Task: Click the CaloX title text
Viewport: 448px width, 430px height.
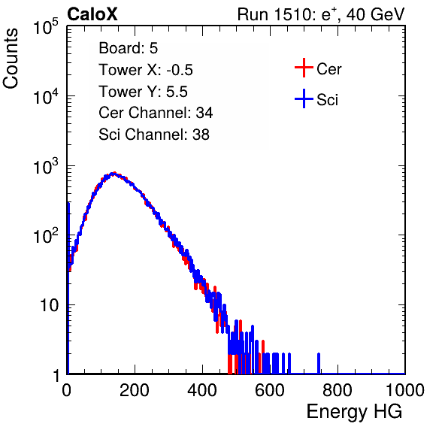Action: tap(92, 14)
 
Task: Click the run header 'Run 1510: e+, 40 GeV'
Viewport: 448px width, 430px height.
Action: tap(321, 14)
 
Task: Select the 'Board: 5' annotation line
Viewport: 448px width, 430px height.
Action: tap(129, 48)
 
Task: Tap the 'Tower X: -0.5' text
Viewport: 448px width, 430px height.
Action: tap(146, 70)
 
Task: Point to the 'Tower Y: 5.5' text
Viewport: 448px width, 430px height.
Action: tap(143, 92)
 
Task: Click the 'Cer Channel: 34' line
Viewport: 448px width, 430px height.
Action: tap(156, 113)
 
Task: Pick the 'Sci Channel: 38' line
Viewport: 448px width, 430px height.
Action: tap(154, 135)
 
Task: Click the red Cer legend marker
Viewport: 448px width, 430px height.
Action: tap(304, 68)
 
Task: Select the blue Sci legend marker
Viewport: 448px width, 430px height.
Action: tap(304, 98)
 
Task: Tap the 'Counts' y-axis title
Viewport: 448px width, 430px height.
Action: tap(11, 59)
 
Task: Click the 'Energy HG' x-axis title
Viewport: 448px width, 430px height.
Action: tap(354, 412)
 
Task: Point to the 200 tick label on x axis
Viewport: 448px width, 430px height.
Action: tap(135, 390)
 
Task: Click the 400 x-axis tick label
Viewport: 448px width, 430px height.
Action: tap(202, 390)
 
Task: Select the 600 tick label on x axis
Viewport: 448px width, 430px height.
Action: tap(270, 390)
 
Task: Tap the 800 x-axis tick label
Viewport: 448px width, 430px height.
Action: tap(338, 390)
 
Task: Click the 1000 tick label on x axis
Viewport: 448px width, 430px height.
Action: tap(405, 390)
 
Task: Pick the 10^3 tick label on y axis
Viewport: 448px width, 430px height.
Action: tap(46, 166)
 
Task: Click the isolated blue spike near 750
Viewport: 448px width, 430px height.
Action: tap(319, 363)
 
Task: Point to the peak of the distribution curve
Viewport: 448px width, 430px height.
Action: tap(114, 174)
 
